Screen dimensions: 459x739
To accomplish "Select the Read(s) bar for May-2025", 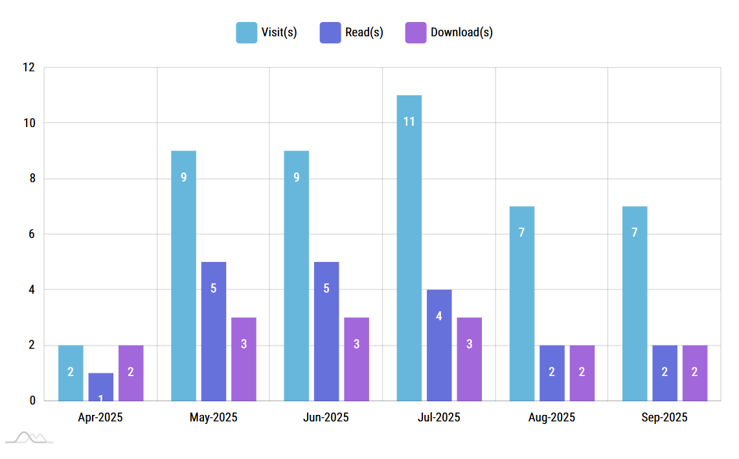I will point(214,331).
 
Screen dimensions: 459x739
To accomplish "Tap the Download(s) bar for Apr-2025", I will point(131,373).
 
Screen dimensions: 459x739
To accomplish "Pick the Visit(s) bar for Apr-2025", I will point(71,373).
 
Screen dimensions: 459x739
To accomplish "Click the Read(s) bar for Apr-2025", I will point(101,387).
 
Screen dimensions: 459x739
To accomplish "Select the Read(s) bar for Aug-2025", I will point(552,373).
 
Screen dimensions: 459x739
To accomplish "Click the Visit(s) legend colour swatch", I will point(246,32).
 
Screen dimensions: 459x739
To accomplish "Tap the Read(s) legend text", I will point(364,32).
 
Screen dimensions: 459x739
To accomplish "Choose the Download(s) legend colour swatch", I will point(416,32).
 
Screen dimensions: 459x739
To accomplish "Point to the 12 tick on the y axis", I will point(28,67).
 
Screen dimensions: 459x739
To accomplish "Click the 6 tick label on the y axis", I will point(32,234).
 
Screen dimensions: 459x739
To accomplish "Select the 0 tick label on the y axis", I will point(32,401).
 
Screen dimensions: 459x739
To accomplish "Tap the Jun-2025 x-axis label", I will point(326,418).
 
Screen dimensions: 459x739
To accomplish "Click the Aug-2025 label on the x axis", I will point(551,418).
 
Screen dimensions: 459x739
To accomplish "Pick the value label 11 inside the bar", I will point(409,121).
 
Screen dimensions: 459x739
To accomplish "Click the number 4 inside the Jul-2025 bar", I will point(439,316).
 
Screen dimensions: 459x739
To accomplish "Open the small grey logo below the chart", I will point(29,438).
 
